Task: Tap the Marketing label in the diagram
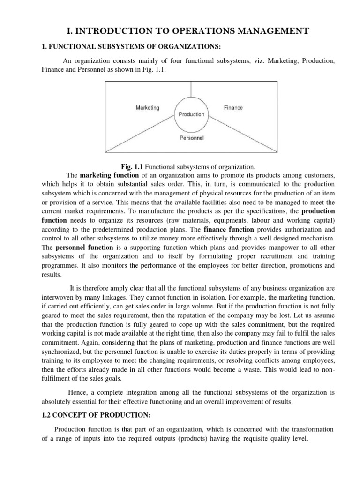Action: coord(148,107)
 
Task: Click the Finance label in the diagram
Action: coord(233,108)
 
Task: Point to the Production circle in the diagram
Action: coord(191,114)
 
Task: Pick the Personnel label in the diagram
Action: coord(192,138)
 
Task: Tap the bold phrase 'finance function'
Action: coord(229,230)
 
